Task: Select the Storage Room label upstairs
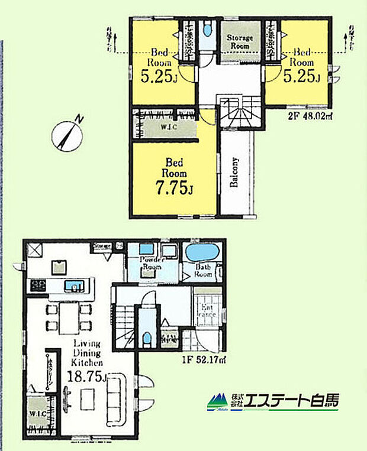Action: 240,41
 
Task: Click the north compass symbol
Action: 67,135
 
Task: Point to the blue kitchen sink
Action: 74,287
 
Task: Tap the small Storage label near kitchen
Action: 102,245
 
